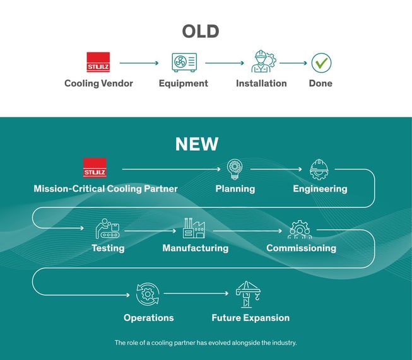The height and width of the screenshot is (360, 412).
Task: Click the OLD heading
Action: [201, 32]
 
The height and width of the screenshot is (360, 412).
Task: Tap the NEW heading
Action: [197, 144]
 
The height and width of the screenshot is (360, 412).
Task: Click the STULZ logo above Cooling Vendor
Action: [98, 62]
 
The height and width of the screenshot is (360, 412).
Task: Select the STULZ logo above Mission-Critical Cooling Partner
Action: [95, 168]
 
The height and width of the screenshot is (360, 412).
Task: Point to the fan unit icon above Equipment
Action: [184, 62]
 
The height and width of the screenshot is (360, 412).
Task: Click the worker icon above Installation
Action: [263, 61]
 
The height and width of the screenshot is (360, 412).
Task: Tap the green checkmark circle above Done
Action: [321, 63]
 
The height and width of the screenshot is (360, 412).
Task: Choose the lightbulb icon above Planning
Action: [234, 170]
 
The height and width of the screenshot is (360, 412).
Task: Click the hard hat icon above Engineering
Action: [319, 170]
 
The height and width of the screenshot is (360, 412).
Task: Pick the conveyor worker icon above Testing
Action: [107, 228]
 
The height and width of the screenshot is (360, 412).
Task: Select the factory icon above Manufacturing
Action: [194, 228]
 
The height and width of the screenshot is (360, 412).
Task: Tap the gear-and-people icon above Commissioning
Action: [300, 229]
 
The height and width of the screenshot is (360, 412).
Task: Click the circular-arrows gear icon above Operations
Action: [148, 294]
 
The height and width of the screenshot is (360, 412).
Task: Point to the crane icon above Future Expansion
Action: [248, 294]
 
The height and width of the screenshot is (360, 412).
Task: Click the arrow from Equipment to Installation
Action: [225, 63]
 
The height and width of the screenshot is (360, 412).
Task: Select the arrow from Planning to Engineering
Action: [276, 169]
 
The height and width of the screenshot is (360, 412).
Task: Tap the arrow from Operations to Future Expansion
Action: [196, 293]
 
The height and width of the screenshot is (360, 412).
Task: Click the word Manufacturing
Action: [196, 248]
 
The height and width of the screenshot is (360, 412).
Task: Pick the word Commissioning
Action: [301, 248]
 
